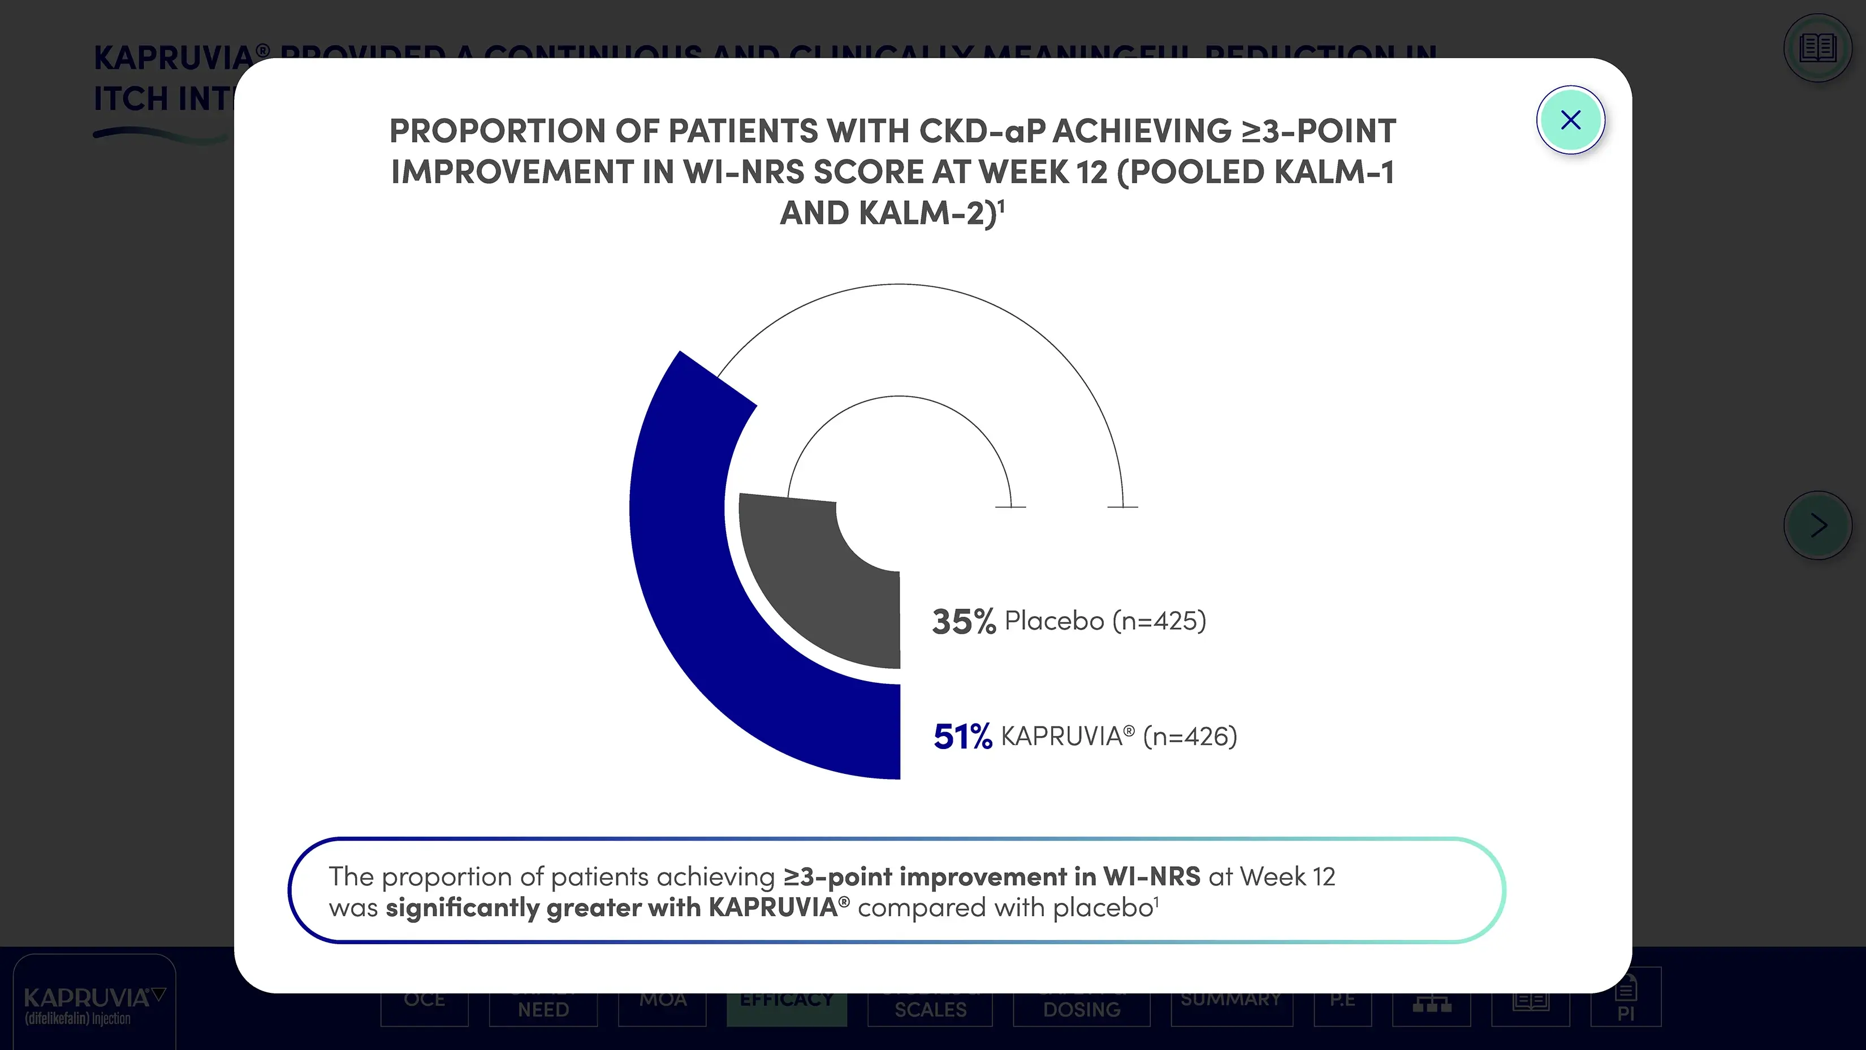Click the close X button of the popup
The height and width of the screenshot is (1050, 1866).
click(1570, 119)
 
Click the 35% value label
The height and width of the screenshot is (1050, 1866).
click(964, 622)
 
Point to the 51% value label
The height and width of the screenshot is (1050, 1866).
click(962, 737)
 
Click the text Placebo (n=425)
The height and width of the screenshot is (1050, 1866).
click(1105, 621)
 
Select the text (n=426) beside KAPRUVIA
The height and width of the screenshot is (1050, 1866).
click(1189, 737)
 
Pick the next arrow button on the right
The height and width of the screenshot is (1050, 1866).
click(1817, 526)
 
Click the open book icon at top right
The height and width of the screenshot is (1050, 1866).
click(1817, 49)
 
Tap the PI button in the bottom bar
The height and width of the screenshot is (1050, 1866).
click(1626, 1004)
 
